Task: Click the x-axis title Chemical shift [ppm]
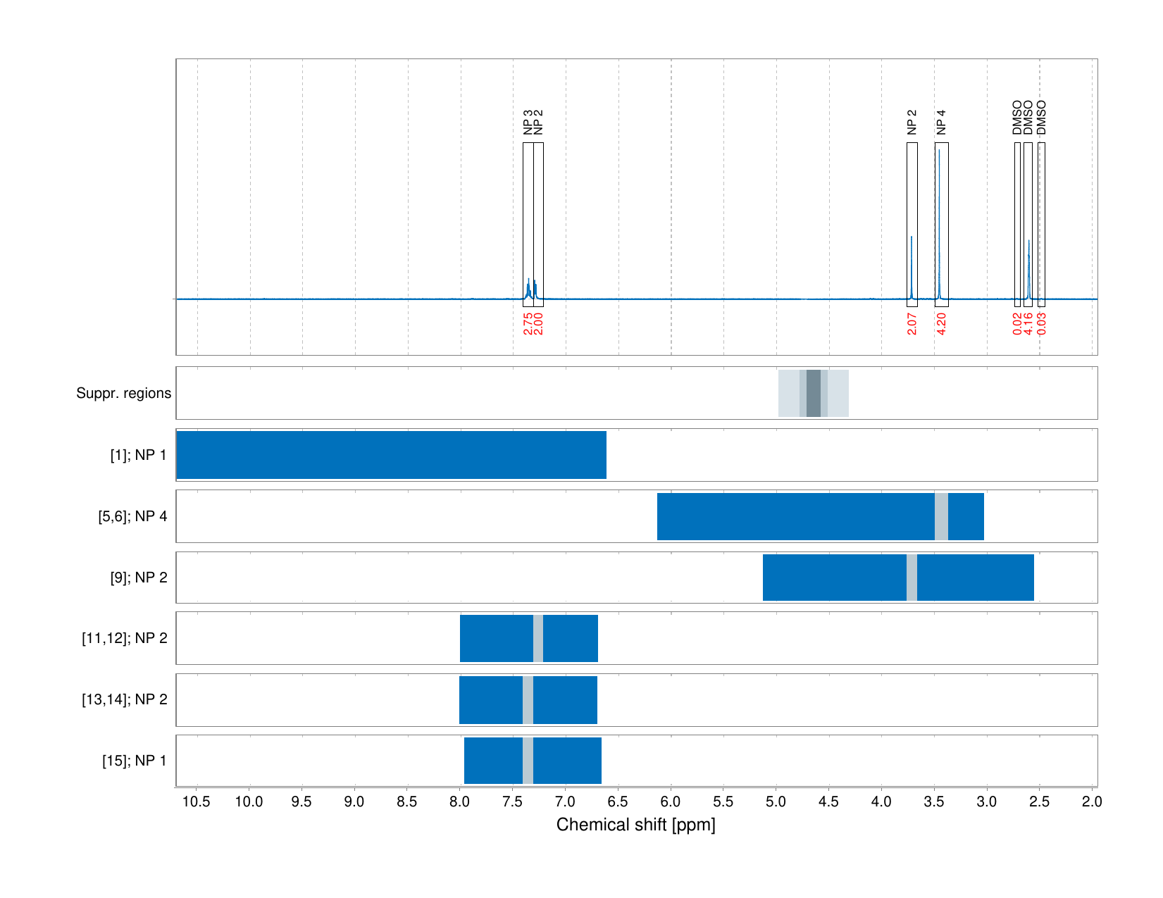pyautogui.click(x=635, y=825)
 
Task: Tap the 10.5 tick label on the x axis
pyautogui.click(x=197, y=802)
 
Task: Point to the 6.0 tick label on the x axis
pyautogui.click(x=671, y=802)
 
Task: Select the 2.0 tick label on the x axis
pyautogui.click(x=1092, y=802)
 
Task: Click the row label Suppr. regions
pyautogui.click(x=123, y=393)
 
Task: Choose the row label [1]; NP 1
pyautogui.click(x=138, y=455)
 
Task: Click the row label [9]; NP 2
pyautogui.click(x=138, y=578)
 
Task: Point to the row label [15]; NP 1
pyautogui.click(x=134, y=761)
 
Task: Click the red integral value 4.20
pyautogui.click(x=941, y=323)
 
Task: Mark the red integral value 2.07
pyautogui.click(x=912, y=323)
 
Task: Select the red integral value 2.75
pyautogui.click(x=528, y=323)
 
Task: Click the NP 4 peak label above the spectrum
pyautogui.click(x=941, y=123)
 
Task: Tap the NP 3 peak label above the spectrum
pyautogui.click(x=528, y=123)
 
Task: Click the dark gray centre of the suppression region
pyautogui.click(x=814, y=393)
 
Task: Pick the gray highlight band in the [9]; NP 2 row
pyautogui.click(x=912, y=578)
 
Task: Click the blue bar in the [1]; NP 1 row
pyautogui.click(x=391, y=455)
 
